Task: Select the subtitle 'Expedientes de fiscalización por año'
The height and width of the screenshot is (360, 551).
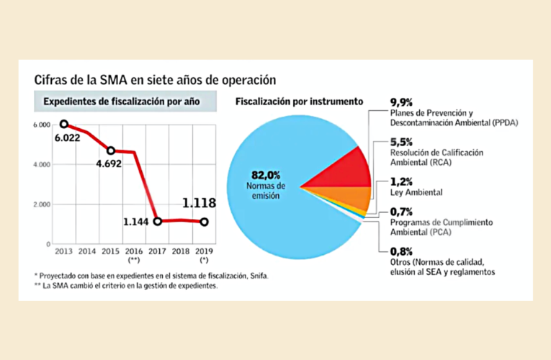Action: [x=121, y=102]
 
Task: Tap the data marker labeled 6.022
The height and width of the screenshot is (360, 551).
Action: [x=64, y=125]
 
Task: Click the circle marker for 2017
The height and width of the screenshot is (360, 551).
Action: [x=157, y=221]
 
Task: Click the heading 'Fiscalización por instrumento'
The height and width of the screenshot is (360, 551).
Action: [x=299, y=102]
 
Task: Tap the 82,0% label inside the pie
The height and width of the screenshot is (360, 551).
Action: [x=264, y=175]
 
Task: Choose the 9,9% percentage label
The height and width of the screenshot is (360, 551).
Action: [x=400, y=102]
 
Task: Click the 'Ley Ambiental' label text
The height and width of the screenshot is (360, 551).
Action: [x=416, y=193]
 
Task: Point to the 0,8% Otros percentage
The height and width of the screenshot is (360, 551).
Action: [x=400, y=251]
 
